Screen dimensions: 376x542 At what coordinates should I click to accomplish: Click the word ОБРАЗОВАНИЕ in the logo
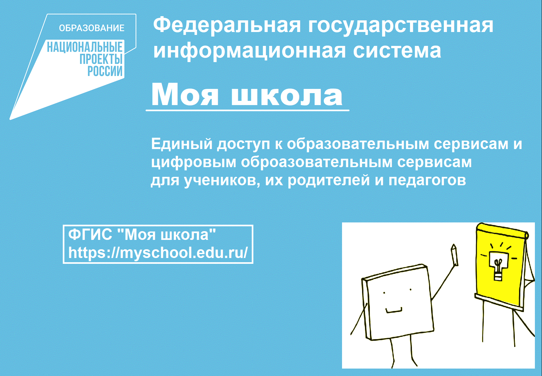(x=92, y=28)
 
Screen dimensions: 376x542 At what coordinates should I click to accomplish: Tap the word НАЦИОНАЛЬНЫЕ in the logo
(x=85, y=47)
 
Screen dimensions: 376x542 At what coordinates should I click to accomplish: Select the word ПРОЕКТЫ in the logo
(x=101, y=59)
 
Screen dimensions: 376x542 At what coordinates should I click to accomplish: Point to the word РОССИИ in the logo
(x=105, y=71)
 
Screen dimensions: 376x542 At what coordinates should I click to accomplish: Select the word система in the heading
(x=397, y=51)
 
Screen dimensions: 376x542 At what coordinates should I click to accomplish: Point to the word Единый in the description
(x=182, y=144)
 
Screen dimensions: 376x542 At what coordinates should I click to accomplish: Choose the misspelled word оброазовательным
(x=316, y=162)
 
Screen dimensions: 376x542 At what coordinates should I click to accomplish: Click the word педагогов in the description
(x=427, y=180)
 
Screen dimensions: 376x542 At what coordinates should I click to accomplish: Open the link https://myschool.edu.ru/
(x=158, y=252)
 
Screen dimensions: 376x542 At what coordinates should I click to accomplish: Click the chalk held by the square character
(x=455, y=255)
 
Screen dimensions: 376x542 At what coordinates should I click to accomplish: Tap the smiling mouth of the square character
(x=394, y=311)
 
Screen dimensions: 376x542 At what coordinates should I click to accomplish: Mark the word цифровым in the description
(x=194, y=162)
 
